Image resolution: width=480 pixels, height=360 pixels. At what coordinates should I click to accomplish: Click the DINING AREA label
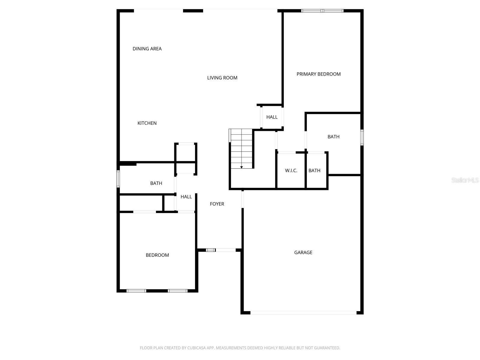pos(147,49)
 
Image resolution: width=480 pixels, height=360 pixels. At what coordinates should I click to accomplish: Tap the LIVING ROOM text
pos(222,78)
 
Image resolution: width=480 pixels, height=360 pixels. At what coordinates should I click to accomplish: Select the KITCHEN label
pos(147,123)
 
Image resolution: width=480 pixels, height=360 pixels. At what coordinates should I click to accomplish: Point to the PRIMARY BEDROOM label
pos(319,74)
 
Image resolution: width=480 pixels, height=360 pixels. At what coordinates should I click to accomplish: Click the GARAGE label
pos(303,253)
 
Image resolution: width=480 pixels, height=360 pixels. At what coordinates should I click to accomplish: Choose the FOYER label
pos(217,204)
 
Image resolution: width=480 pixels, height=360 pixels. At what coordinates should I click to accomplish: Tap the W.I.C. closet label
pos(291,170)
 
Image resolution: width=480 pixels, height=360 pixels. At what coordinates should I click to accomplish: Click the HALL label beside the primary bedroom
pos(272,117)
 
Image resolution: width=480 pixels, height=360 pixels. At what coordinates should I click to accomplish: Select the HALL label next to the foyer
pos(186,197)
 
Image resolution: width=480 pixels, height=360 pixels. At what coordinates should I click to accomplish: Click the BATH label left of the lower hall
pos(156,183)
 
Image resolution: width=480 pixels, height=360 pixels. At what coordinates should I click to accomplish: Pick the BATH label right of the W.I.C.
pos(314,170)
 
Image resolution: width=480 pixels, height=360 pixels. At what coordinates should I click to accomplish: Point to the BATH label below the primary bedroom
pos(333,137)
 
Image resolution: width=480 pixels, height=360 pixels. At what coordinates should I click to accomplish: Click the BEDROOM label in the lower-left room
pos(157,255)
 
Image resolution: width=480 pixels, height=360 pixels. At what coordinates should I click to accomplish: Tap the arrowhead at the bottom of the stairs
pos(241,167)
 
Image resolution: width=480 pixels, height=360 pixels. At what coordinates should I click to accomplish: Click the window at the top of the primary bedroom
pos(322,11)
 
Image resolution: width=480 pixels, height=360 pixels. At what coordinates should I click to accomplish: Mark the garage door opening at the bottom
pos(303,313)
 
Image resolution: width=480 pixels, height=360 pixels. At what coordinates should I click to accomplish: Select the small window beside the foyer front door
pos(211,250)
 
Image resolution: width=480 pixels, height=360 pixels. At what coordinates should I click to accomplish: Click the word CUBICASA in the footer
pos(197,348)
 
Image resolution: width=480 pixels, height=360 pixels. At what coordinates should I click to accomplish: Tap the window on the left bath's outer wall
pos(118,179)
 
